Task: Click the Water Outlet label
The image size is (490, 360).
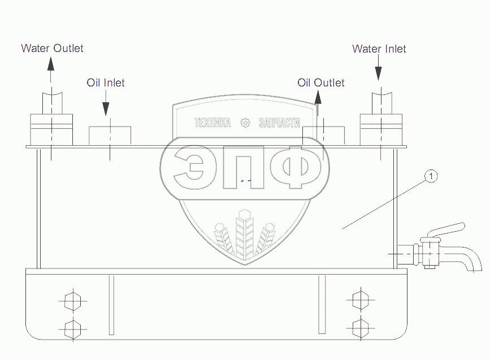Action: pos(52,48)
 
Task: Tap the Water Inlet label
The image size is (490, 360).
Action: pos(379,49)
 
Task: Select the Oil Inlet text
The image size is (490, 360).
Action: pos(105,83)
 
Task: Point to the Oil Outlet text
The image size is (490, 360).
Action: pos(320,83)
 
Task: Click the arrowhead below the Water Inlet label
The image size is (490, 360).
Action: pos(378,74)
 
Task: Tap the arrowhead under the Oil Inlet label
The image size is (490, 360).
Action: pos(106,109)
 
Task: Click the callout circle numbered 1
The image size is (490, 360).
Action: pos(431,177)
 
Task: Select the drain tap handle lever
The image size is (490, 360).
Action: pos(446,231)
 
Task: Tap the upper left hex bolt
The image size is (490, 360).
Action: pos(70,301)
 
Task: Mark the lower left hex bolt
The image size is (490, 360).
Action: pos(70,328)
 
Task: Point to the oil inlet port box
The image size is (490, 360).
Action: pos(110,135)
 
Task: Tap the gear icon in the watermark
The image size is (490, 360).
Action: pos(245,123)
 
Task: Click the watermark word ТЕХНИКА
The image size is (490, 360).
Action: pos(213,123)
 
